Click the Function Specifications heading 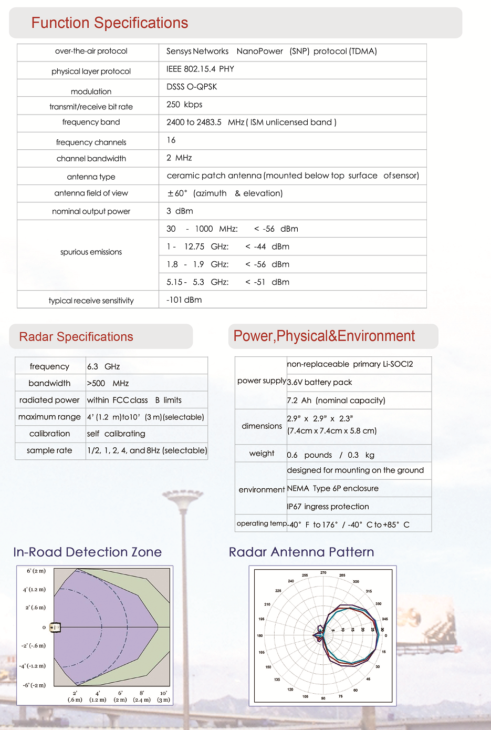pyautogui.click(x=109, y=23)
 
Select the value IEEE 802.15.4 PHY pyautogui.click(x=200, y=69)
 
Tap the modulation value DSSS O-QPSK pyautogui.click(x=192, y=87)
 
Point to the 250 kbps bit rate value pyautogui.click(x=184, y=105)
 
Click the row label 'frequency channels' pyautogui.click(x=91, y=142)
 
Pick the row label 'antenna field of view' pyautogui.click(x=91, y=193)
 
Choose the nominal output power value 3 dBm pyautogui.click(x=180, y=211)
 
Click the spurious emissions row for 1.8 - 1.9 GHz pyautogui.click(x=228, y=264)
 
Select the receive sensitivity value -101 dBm pyautogui.click(x=184, y=300)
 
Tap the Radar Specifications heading pyautogui.click(x=76, y=337)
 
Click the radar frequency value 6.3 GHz pyautogui.click(x=103, y=367)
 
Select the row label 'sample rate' pyautogui.click(x=49, y=451)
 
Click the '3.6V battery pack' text pyautogui.click(x=319, y=383)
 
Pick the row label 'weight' pyautogui.click(x=262, y=454)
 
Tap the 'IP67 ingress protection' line pyautogui.click(x=328, y=507)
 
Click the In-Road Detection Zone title pyautogui.click(x=87, y=552)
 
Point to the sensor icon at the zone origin pyautogui.click(x=55, y=627)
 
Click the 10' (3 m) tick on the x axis pyautogui.click(x=163, y=696)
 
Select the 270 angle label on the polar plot pyautogui.click(x=323, y=573)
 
